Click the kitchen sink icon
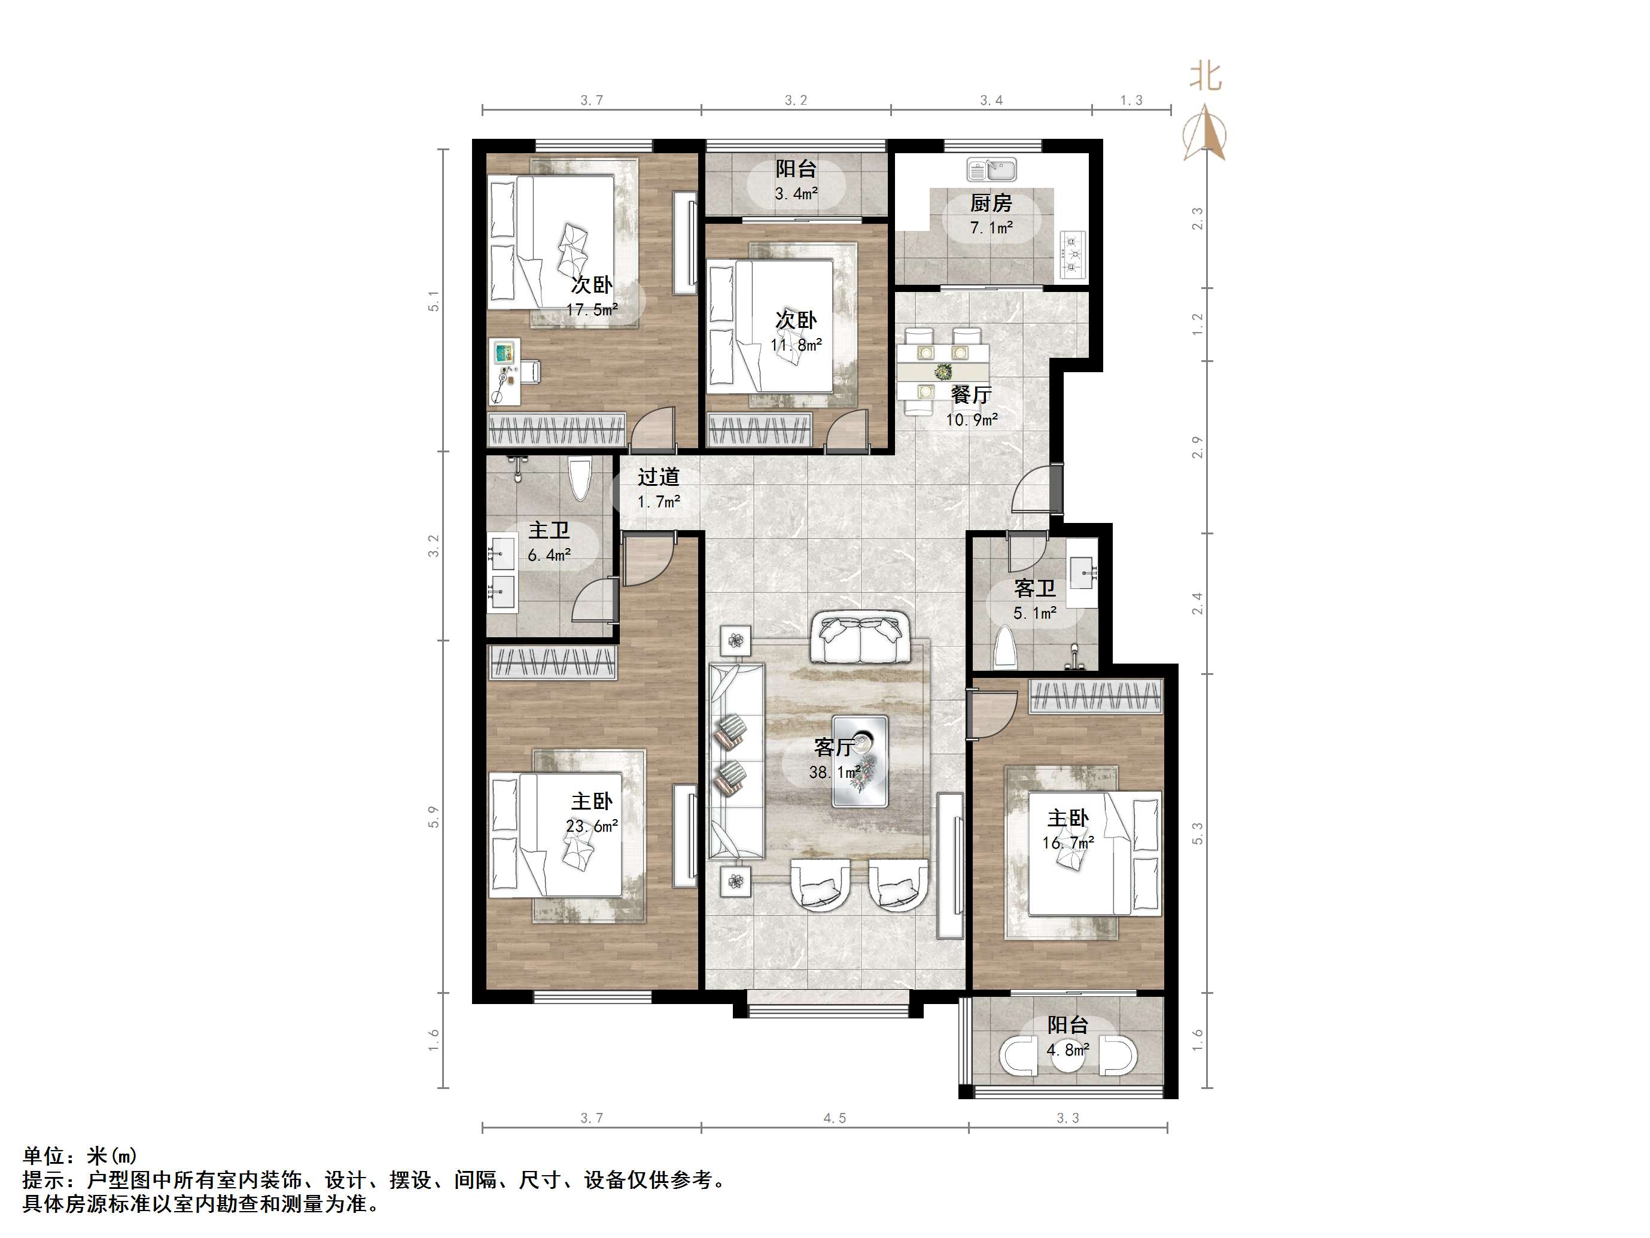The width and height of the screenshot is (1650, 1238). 991,169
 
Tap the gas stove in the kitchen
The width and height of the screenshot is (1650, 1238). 1073,254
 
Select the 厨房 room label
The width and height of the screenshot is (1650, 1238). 991,203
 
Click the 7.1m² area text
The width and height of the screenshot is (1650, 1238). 991,227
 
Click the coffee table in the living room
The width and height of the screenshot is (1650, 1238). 860,761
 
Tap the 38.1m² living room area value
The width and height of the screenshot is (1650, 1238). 835,772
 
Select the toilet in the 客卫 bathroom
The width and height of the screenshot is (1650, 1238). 1006,648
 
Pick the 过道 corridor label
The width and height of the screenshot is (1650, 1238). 659,477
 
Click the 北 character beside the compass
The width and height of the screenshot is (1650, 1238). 1205,76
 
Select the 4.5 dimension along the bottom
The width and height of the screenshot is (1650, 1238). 835,1118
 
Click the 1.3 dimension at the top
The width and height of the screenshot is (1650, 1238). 1131,100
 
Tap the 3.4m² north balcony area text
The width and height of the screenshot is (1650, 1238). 796,194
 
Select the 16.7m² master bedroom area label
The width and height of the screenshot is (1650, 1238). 1067,843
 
